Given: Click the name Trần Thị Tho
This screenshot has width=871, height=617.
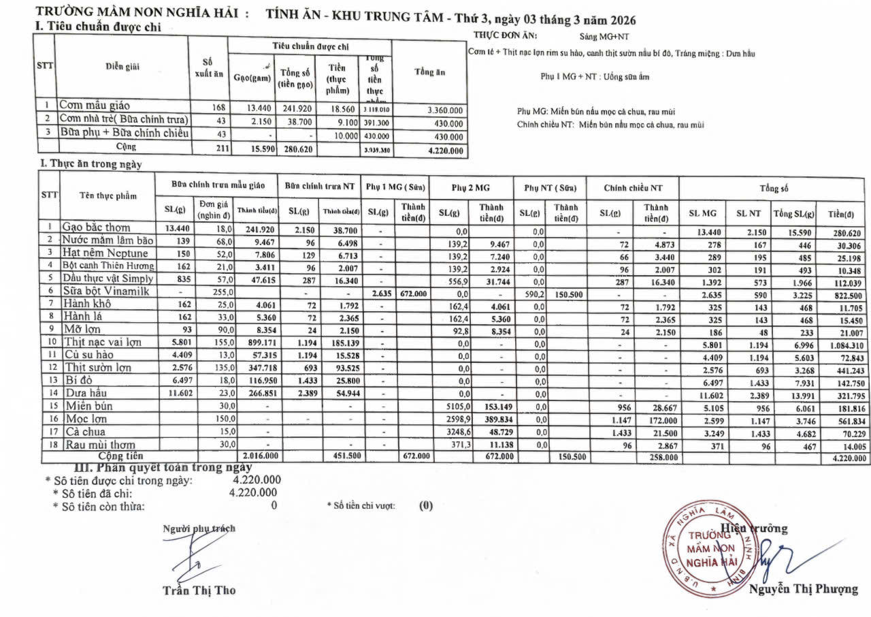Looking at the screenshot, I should (199, 590).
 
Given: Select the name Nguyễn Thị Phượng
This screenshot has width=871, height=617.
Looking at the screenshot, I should (804, 590).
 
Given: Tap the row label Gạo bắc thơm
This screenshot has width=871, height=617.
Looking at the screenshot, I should (96, 227).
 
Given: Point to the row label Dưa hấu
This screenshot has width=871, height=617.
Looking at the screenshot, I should (86, 393).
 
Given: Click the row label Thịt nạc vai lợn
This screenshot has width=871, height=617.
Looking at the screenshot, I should (103, 342).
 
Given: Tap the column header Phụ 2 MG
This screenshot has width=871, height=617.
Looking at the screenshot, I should (473, 187).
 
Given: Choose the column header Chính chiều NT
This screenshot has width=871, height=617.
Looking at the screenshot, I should (632, 187).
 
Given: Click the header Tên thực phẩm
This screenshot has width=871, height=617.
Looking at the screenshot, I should (108, 196).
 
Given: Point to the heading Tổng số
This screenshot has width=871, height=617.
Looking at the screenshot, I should (774, 187).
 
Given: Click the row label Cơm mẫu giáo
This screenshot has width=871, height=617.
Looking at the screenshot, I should (93, 106).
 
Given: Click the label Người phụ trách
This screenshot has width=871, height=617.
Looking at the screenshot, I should (199, 528).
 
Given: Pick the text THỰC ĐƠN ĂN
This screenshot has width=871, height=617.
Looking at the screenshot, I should (504, 35).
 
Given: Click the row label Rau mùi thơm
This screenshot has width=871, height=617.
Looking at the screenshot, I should (99, 445).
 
